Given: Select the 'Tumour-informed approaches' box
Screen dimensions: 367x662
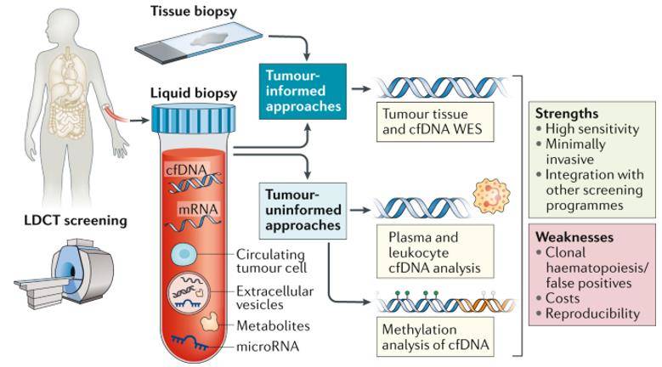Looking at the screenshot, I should pyautogui.click(x=303, y=92).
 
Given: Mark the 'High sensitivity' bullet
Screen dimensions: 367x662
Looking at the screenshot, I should pyautogui.click(x=588, y=128).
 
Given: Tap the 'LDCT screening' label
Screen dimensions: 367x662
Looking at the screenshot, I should pyautogui.click(x=76, y=220).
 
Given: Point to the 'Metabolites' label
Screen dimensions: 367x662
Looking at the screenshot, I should pyautogui.click(x=274, y=325).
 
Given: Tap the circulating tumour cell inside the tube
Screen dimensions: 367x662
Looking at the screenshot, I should pyautogui.click(x=184, y=255).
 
